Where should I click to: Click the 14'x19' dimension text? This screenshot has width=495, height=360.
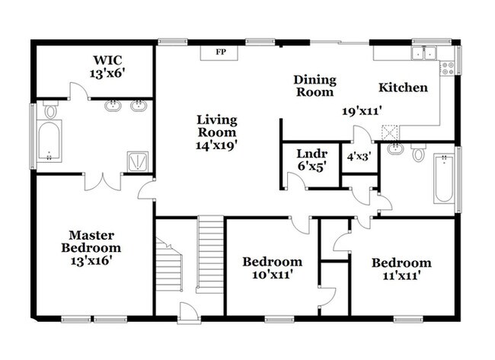click(217, 145)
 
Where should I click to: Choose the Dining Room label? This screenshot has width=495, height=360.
click(314, 85)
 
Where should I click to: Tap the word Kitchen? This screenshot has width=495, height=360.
click(404, 88)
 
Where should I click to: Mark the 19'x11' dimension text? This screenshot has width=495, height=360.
click(361, 110)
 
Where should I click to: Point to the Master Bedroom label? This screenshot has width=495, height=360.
click(91, 241)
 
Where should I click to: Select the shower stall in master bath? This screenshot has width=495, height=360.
click(137, 160)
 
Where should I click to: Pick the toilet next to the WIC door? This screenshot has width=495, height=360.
click(51, 110)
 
